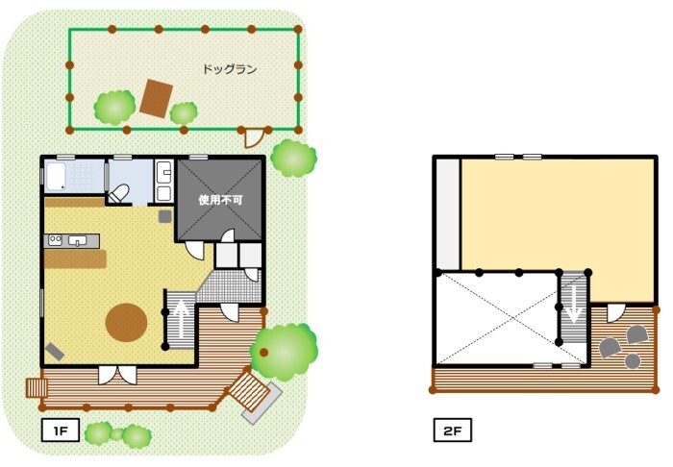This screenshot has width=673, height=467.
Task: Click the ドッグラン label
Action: (x=230, y=69)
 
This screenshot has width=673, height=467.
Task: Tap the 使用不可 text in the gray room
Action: (x=220, y=200)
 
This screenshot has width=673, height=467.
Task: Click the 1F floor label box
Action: (x=61, y=430)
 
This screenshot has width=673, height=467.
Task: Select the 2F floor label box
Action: (x=453, y=430)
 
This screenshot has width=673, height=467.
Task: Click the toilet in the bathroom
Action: (x=119, y=194)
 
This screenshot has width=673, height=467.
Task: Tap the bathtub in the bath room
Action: (x=56, y=176)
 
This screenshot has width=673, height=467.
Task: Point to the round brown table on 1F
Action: (x=127, y=323)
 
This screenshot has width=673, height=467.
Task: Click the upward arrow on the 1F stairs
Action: (x=182, y=319)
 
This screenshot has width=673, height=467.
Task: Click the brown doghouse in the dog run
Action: (x=156, y=98)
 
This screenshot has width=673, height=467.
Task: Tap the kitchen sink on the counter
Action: (x=77, y=240)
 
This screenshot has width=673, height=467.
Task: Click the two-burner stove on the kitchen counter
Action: (x=55, y=240)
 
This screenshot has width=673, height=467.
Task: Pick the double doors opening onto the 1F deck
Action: (x=117, y=375)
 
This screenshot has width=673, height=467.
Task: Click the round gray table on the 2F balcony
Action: (x=633, y=361)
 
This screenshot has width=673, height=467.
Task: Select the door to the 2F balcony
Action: (x=615, y=313)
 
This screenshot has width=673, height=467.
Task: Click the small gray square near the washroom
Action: (x=164, y=216)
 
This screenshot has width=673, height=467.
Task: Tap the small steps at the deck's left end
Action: (x=37, y=387)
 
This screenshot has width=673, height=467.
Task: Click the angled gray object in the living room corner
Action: (x=55, y=352)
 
